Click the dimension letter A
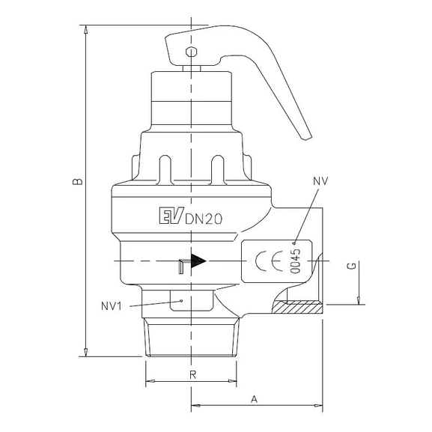tap(254, 400)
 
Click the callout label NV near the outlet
tap(320, 181)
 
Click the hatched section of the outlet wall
tap(296, 306)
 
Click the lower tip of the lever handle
tap(304, 136)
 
